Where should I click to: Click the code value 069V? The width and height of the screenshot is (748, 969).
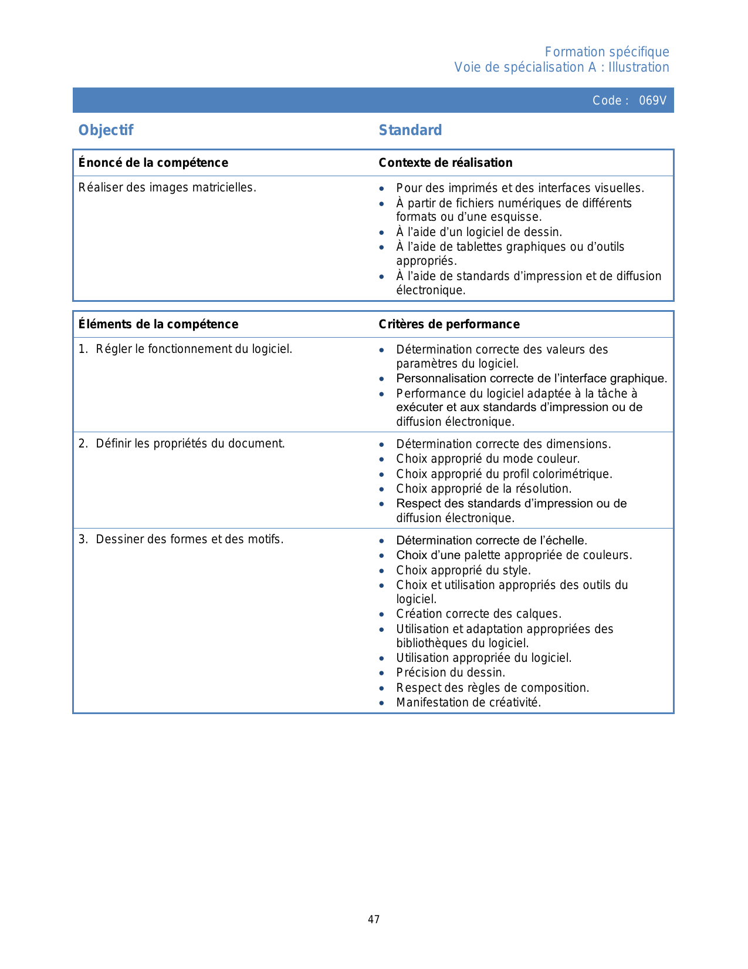(x=652, y=100)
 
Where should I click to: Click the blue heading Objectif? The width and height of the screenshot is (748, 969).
(x=106, y=130)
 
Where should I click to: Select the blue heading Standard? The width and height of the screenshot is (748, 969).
(x=410, y=130)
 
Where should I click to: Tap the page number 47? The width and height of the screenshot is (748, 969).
(x=374, y=920)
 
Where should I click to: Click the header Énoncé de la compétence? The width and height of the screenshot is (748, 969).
(x=154, y=163)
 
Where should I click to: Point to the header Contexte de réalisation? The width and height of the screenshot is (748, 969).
(x=445, y=163)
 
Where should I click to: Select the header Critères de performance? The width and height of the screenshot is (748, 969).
(x=449, y=324)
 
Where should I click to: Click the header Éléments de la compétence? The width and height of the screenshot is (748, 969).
(x=158, y=324)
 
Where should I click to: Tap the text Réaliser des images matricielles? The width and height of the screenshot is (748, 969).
(x=167, y=188)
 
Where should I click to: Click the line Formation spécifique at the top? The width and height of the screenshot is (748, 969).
(x=607, y=52)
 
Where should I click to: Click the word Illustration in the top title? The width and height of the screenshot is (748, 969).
(x=638, y=68)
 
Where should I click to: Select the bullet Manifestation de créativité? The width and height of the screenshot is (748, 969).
(x=468, y=702)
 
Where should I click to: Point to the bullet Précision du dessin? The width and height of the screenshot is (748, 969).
(x=451, y=672)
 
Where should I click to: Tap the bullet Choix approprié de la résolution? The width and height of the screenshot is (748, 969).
(x=483, y=489)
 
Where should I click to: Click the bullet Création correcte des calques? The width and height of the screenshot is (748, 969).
(x=479, y=614)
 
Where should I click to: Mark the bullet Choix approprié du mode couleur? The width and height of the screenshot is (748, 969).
(x=488, y=459)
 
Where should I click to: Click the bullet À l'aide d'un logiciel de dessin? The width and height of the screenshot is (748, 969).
(x=479, y=232)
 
